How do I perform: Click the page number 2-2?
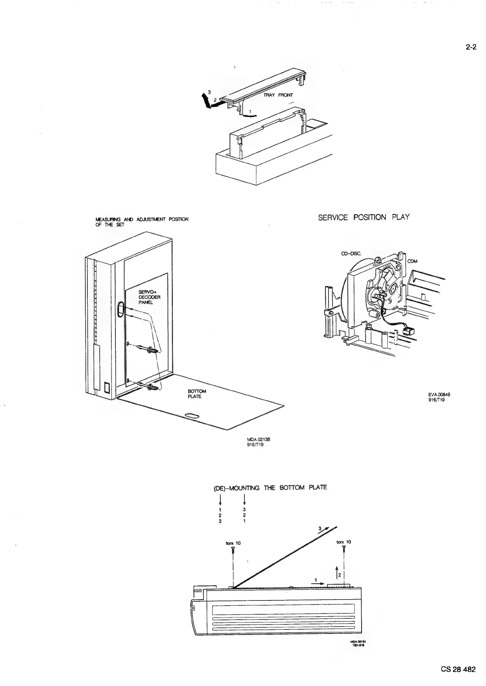pos(471,47)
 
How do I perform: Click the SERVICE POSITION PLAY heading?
pos(364,217)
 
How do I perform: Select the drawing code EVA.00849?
pos(439,395)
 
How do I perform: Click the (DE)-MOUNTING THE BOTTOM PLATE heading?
pos(270,487)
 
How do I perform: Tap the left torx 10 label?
pos(233,543)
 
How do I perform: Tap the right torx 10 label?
pos(344,542)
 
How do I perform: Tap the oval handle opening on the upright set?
pos(120,309)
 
